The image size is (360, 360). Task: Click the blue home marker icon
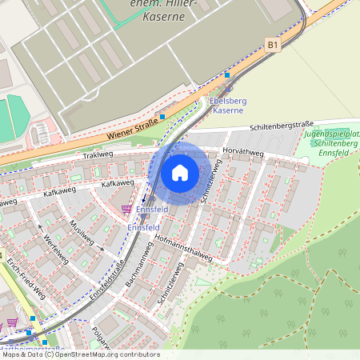point(180,172)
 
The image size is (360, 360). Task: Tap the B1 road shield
point(273,46)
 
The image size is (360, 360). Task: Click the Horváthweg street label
point(242,150)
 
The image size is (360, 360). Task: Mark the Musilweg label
point(82,232)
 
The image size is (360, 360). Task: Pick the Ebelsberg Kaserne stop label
point(226,106)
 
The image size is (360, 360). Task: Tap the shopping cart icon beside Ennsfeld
point(126,209)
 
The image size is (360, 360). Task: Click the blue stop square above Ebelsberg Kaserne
point(227,75)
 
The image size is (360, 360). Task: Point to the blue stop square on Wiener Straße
point(162,117)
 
